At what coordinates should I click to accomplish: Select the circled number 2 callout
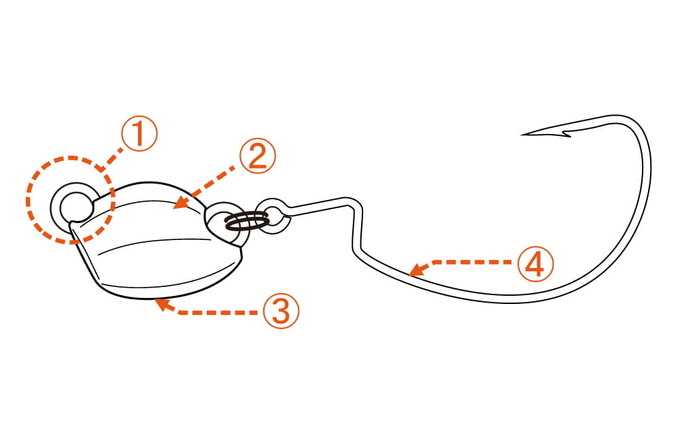258,156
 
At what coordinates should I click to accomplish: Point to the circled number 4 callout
536,264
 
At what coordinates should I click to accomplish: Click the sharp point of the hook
522,135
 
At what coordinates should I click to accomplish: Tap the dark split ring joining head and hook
247,222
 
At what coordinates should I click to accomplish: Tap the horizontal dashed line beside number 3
217,312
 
